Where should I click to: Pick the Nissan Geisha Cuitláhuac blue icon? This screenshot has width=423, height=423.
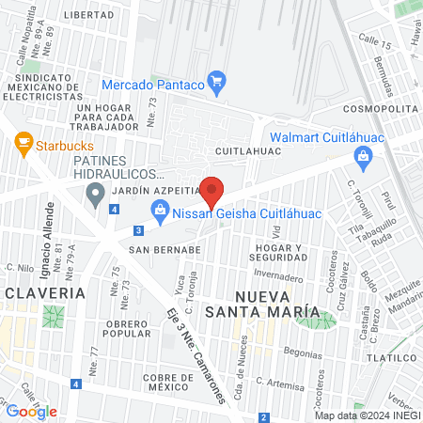click(160, 212)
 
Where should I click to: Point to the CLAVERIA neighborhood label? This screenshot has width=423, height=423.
click(45, 292)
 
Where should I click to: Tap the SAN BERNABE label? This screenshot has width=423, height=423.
click(165, 250)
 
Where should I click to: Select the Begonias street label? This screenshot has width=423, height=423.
click(303, 352)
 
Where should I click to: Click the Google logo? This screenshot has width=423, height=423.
click(32, 411)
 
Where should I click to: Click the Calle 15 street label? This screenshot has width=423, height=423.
click(373, 44)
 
